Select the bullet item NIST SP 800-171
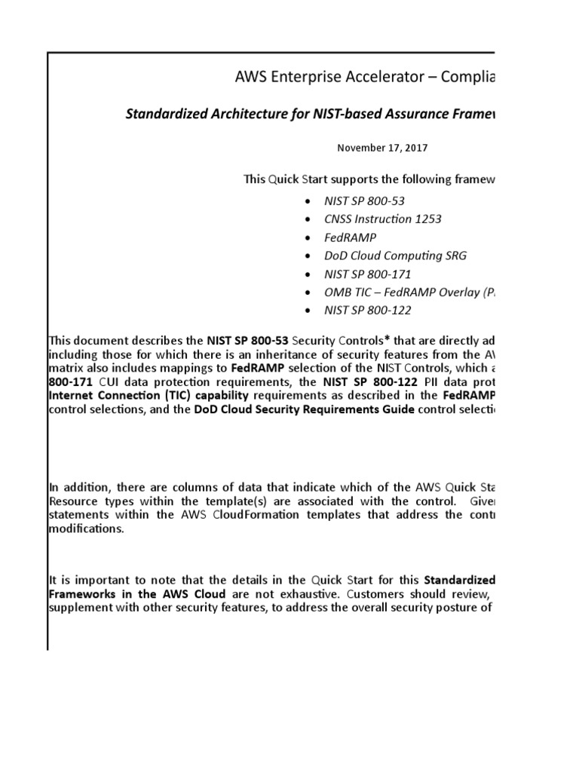[368, 274]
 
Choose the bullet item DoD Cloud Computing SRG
[395, 256]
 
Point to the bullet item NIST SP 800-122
[368, 310]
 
